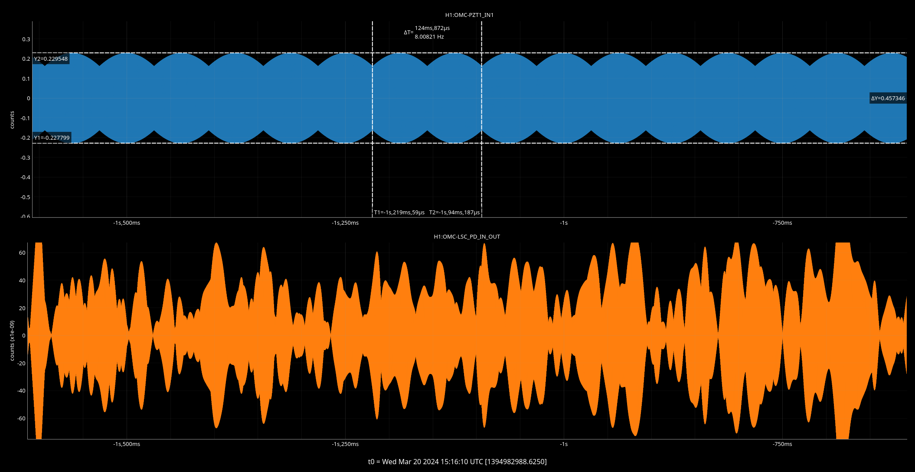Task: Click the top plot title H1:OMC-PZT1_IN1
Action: (469, 15)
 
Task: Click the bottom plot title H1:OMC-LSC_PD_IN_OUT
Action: (467, 237)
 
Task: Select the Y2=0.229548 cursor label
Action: (51, 59)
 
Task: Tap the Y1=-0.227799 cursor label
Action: (52, 138)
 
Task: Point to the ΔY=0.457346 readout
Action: (888, 98)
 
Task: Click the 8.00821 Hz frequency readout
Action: (429, 37)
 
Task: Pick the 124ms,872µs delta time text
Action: (432, 28)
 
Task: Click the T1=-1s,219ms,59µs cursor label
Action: (399, 213)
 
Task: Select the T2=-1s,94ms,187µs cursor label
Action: (454, 213)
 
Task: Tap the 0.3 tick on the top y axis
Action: (26, 39)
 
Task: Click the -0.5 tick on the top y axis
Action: (26, 197)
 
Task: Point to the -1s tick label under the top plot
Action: (563, 223)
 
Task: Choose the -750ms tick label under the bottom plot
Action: (782, 444)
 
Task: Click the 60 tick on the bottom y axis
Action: (23, 253)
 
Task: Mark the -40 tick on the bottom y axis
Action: (21, 391)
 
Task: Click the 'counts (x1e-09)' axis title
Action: (12, 341)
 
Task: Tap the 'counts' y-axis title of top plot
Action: (12, 120)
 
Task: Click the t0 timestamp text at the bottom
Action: (457, 462)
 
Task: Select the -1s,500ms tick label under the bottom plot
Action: (127, 444)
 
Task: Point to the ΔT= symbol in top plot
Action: (408, 33)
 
